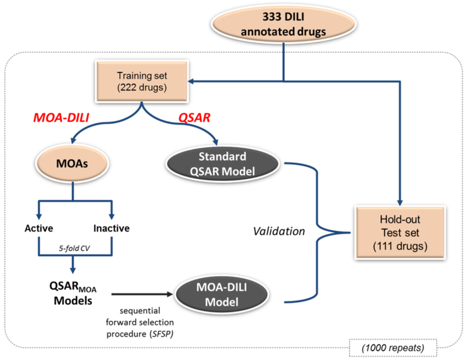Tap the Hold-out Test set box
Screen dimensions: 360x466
pyautogui.click(x=399, y=232)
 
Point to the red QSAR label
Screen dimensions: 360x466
pyautogui.click(x=194, y=118)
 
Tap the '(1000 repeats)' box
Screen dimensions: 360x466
pyautogui.click(x=393, y=347)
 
